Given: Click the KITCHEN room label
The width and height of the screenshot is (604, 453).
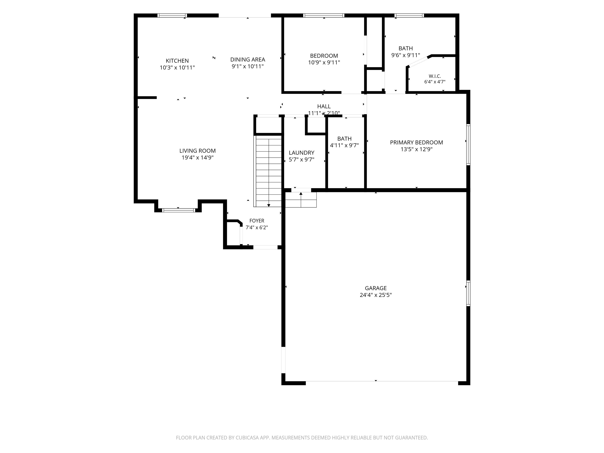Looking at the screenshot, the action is click(x=177, y=61).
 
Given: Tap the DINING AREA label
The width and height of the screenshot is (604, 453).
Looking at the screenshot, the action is click(x=248, y=60).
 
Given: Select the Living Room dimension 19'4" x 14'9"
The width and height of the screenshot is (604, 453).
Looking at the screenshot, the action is click(x=197, y=157).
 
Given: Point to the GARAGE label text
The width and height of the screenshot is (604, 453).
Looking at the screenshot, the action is click(x=376, y=288).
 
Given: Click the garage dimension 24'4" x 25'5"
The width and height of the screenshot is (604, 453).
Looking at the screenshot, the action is click(x=376, y=295).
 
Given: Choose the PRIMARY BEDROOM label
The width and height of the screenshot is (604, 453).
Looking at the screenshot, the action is click(x=416, y=142).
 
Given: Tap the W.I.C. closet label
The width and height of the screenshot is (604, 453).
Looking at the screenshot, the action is click(x=435, y=76).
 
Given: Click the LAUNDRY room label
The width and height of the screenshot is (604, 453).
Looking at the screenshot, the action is click(x=301, y=153).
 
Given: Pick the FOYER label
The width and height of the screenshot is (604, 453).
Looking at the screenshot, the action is click(x=257, y=221).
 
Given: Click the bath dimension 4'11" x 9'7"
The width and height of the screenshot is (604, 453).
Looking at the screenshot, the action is click(x=344, y=145).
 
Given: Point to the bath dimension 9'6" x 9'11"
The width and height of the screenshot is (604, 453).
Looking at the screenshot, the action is click(x=405, y=55).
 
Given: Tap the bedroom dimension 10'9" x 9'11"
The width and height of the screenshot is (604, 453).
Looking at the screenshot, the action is click(x=324, y=63).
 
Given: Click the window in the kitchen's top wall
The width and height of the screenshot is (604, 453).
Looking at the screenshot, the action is click(x=172, y=16).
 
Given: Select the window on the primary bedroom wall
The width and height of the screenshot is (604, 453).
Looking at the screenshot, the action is click(x=468, y=145).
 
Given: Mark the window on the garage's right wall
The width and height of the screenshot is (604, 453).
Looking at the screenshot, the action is click(x=468, y=293).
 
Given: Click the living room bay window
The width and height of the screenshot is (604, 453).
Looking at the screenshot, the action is click(x=179, y=210).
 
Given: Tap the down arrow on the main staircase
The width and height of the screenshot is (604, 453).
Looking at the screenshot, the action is click(x=269, y=205).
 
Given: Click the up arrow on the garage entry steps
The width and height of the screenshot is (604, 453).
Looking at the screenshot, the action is click(x=301, y=194).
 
